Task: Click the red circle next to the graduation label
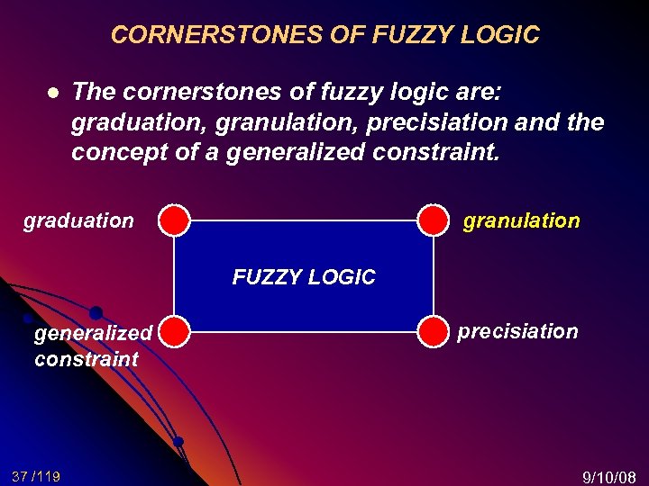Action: click(x=176, y=219)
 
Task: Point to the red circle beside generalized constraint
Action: click(x=176, y=331)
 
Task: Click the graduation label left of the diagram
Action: click(x=78, y=220)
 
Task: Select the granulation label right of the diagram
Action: click(x=521, y=220)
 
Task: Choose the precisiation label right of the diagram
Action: click(x=517, y=331)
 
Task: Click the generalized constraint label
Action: click(x=92, y=346)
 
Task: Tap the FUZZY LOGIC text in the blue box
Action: click(x=304, y=277)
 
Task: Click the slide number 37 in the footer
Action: click(x=21, y=475)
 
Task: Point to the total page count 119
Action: click(x=49, y=475)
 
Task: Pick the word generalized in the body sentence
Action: click(x=298, y=152)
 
